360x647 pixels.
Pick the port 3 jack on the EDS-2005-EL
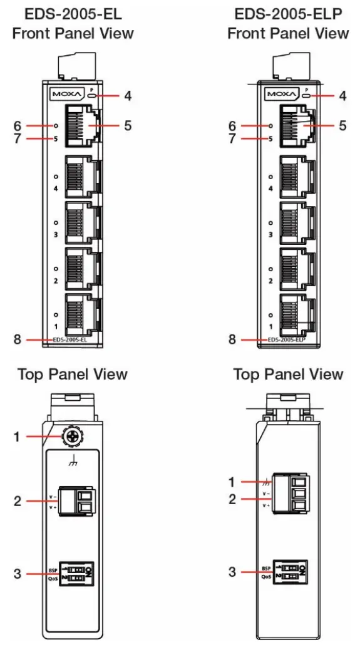pyautogui.click(x=80, y=219)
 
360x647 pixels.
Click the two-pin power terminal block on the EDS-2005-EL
pyautogui.click(x=75, y=501)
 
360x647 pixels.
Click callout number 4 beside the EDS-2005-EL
pyautogui.click(x=128, y=96)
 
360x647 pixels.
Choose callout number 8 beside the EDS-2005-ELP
pyautogui.click(x=232, y=339)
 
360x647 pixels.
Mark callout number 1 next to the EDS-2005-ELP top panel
pyautogui.click(x=232, y=482)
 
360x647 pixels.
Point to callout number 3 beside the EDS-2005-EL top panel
pyautogui.click(x=17, y=572)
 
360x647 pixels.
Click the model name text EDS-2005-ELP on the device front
pyautogui.click(x=287, y=339)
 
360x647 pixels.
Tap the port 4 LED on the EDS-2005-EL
pyautogui.click(x=56, y=177)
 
